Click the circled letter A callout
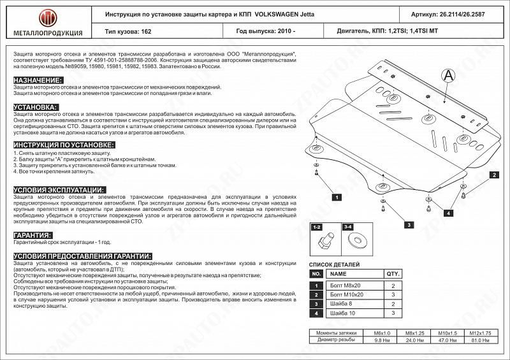448,75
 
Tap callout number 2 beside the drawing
493,175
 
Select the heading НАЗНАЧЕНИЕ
38,80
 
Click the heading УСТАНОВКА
36,106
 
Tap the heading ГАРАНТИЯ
33,235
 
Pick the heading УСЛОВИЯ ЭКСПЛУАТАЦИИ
59,190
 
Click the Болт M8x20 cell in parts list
348,286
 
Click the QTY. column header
393,273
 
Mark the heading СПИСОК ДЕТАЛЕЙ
334,264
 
